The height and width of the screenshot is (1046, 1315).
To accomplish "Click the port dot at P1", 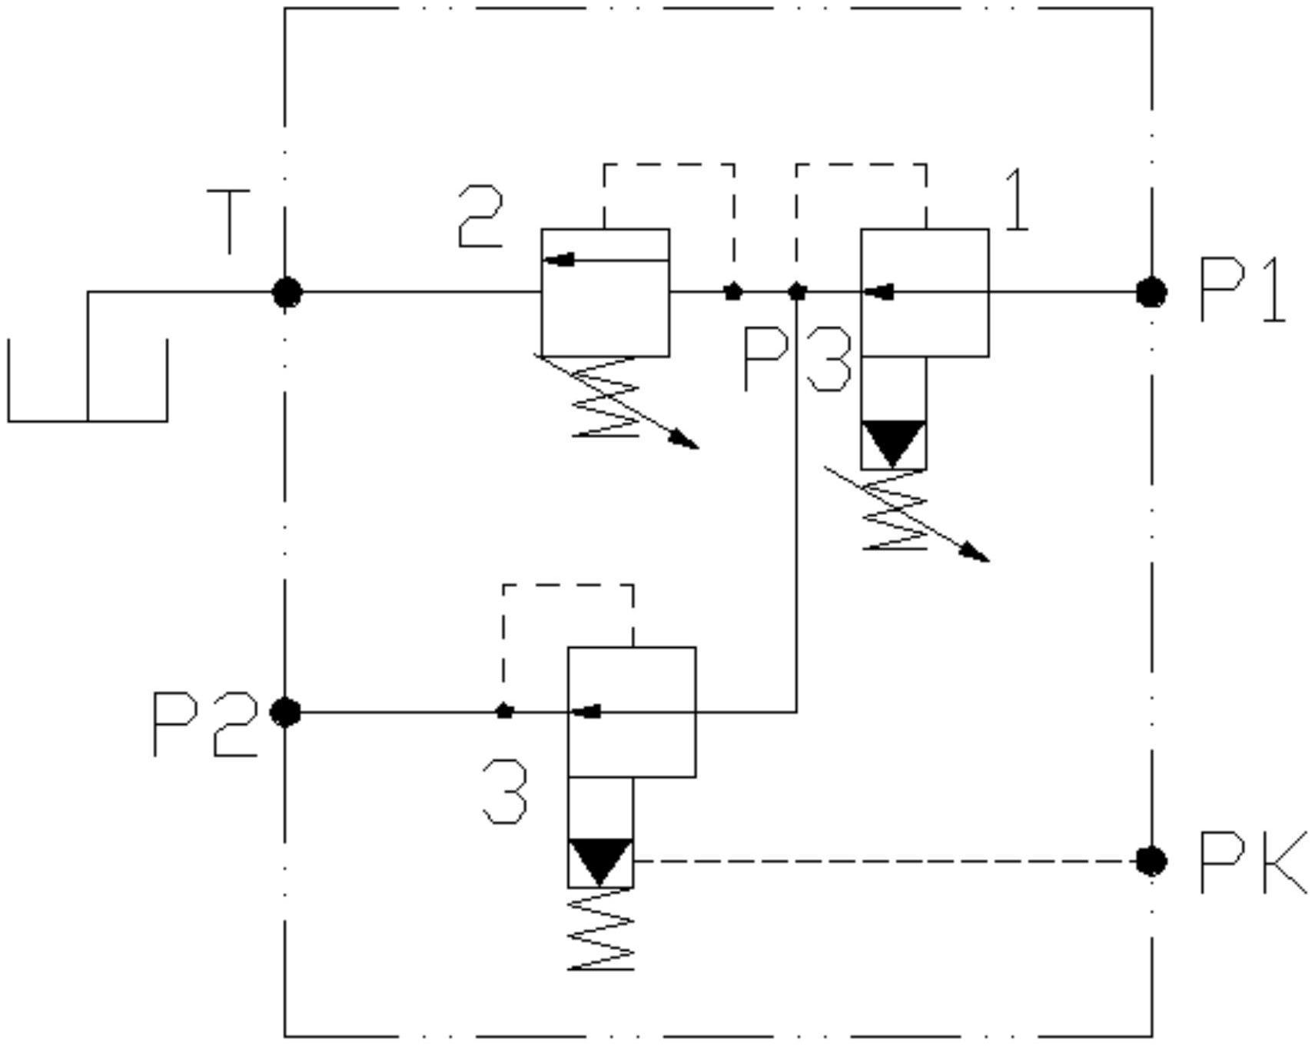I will (1151, 293).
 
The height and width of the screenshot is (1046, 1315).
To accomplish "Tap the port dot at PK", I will (1151, 861).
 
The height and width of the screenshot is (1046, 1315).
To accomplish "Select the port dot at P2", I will (286, 712).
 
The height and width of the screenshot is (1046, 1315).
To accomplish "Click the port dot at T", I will (287, 293).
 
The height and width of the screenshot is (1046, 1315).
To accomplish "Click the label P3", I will (797, 360).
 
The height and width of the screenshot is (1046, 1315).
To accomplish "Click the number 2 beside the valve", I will (480, 217).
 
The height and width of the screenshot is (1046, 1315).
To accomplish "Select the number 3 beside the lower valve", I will (505, 792).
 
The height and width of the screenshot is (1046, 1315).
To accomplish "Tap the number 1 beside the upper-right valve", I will (1017, 201).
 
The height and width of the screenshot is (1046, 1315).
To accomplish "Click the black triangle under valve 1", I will (892, 443).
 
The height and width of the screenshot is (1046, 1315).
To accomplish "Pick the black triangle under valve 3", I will (600, 861).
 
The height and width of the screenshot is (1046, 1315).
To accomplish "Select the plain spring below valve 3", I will (601, 930).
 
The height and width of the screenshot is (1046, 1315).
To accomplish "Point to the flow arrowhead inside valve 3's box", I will (588, 712).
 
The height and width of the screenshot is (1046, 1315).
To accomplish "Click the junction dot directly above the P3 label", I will (797, 292).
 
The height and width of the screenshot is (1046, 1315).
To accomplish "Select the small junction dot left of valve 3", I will (504, 712).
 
